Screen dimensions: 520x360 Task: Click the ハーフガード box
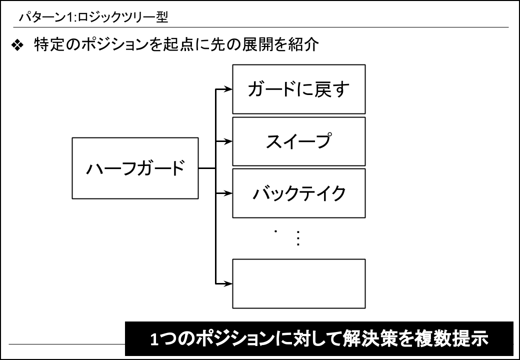click(135, 168)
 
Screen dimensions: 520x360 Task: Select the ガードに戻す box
click(299, 89)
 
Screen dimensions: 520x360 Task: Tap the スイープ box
click(299, 141)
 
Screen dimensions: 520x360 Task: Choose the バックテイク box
click(299, 193)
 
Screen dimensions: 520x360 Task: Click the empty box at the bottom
click(299, 284)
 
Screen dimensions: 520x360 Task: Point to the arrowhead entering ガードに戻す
click(228, 89)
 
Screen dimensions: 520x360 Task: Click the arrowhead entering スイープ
click(228, 141)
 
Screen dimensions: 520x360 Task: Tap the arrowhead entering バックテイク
click(228, 193)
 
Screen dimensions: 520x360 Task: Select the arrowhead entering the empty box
click(228, 284)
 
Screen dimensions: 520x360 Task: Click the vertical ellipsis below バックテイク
click(298, 238)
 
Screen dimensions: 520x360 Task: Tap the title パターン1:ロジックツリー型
click(93, 17)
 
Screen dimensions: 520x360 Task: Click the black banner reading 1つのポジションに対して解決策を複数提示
click(319, 339)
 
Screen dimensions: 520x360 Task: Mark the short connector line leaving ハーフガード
click(207, 168)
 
